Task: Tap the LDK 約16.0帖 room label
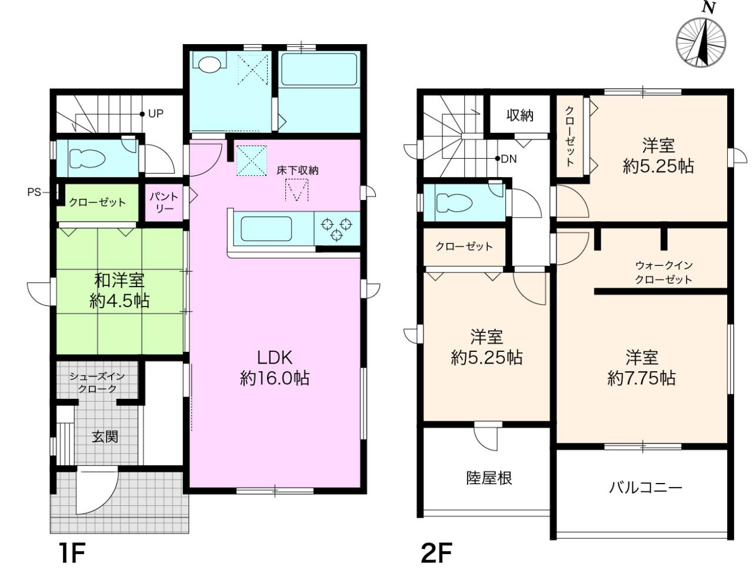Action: point(275,368)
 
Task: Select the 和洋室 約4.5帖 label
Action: point(119,291)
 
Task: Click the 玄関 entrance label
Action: point(105,437)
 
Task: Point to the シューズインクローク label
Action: point(97,382)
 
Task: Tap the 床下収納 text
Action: point(298,171)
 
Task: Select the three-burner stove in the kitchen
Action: point(336,228)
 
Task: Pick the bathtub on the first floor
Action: point(318,70)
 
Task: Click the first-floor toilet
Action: point(87,158)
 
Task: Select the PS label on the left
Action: point(34,192)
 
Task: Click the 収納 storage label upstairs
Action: point(520,115)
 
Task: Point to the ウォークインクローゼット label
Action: point(664,272)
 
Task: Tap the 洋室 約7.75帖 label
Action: point(641,368)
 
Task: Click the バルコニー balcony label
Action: point(645,488)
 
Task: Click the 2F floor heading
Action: point(436,553)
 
